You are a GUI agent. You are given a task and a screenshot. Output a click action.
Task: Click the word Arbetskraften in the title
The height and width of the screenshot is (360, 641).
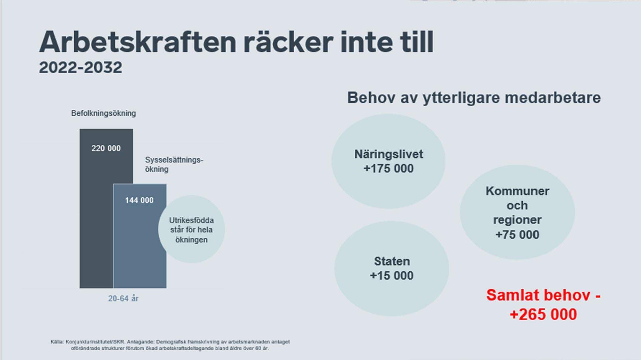tap(138, 42)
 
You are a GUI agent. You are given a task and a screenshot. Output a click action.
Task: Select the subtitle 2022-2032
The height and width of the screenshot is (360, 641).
tap(80, 68)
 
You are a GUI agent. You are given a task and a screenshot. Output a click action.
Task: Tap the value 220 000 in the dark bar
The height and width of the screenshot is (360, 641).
tap(106, 148)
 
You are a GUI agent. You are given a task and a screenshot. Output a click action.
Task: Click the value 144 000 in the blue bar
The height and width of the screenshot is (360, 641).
tap(139, 200)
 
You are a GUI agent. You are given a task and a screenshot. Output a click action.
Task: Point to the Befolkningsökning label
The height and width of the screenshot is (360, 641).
tap(103, 113)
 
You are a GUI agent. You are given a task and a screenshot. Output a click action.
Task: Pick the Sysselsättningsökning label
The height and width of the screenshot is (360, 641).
tap(174, 164)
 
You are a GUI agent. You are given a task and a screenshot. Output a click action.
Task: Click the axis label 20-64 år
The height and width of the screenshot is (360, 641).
tap(123, 298)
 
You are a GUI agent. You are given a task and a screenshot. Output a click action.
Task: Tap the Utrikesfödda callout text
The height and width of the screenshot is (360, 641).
tap(191, 230)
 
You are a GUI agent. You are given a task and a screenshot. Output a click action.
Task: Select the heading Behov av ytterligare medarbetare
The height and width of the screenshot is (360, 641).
tap(474, 98)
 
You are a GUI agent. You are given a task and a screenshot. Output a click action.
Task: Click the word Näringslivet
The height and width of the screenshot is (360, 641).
tap(389, 154)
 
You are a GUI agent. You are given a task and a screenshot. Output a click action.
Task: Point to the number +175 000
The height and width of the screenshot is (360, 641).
tap(388, 169)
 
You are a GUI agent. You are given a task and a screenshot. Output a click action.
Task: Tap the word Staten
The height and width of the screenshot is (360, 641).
tap(392, 261)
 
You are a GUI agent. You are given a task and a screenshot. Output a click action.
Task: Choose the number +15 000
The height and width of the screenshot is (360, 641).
tap(392, 276)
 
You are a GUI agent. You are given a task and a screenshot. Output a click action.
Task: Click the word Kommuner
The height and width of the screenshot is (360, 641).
tap(517, 191)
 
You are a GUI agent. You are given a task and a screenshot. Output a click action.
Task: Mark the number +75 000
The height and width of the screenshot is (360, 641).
tap(517, 235)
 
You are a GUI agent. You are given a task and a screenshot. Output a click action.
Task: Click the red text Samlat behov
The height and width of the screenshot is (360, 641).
tap(538, 295)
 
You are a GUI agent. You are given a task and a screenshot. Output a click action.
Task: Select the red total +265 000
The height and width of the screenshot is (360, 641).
tap(544, 314)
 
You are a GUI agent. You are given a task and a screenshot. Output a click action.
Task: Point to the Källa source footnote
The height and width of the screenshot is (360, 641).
tap(170, 345)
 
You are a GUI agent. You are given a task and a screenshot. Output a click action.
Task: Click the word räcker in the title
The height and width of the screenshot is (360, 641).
tap(288, 42)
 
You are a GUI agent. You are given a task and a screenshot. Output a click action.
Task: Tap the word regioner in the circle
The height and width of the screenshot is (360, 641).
tap(517, 220)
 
